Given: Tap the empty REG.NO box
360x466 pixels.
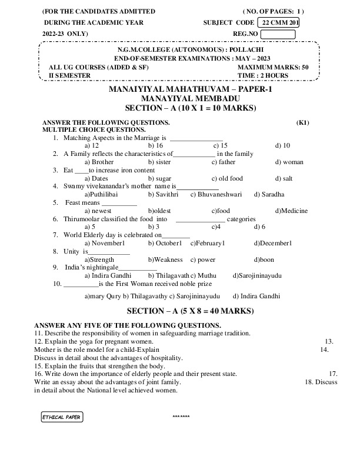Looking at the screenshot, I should (x=278, y=34).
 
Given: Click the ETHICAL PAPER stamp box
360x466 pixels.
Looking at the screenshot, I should (x=62, y=417).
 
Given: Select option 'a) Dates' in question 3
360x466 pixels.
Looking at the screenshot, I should (x=96, y=178).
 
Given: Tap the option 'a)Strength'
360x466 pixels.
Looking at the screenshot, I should (x=99, y=259).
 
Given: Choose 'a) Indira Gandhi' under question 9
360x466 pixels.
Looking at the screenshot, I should (x=108, y=275).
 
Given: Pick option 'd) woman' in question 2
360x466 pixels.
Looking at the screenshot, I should (x=286, y=162).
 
